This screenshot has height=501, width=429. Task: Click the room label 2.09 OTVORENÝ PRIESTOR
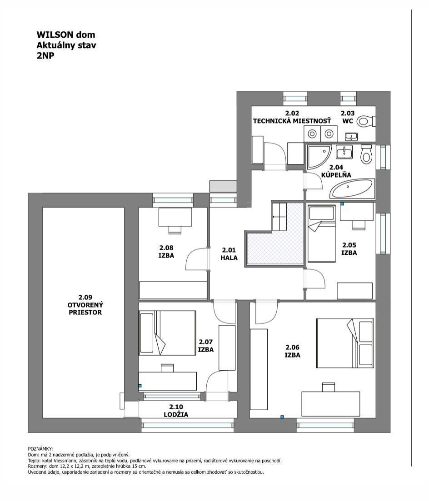[85, 305]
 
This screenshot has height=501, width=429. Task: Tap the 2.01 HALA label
[229, 254]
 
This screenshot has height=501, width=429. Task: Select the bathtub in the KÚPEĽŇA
[352, 188]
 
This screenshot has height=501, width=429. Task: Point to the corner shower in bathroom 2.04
[319, 157]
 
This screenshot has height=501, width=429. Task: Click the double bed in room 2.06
[345, 343]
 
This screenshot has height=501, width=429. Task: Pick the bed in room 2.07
[167, 332]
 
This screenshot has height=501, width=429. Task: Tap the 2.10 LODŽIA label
[176, 411]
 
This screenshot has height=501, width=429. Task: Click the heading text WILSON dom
[66, 35]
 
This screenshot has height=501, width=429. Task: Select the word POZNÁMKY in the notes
[40, 449]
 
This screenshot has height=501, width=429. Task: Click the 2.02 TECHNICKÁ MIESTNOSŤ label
[292, 117]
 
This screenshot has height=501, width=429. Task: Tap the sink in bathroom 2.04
[344, 152]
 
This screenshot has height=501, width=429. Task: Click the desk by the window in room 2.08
[175, 217]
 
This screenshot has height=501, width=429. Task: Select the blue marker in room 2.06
[282, 417]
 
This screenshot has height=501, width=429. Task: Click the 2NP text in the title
[45, 55]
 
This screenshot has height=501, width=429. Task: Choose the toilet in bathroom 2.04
[366, 154]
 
